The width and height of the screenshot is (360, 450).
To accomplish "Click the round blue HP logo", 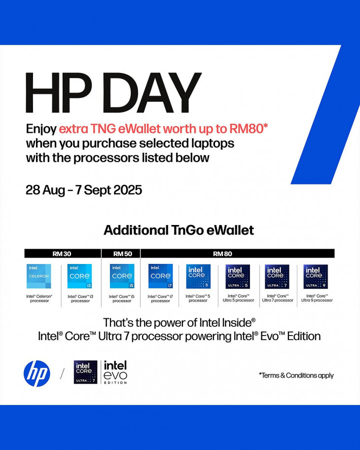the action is tap(36, 374).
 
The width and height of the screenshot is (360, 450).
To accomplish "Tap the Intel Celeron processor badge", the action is tap(39, 276).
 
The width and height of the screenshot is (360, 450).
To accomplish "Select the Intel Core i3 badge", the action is tap(79, 276).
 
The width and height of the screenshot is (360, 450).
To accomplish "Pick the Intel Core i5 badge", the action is tap(122, 276).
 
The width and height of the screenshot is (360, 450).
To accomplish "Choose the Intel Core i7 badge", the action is tap(161, 276).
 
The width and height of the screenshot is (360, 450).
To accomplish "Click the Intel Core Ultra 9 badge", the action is tap(316, 277).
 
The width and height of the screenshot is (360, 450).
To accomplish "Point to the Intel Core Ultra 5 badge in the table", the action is tap(238, 277).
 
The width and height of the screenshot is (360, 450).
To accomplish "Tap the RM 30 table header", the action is tap(63, 254).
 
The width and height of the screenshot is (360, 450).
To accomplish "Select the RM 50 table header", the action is tap(123, 254).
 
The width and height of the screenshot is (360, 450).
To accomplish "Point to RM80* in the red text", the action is tap(249, 129).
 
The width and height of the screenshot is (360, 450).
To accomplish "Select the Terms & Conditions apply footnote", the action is tap(296, 375).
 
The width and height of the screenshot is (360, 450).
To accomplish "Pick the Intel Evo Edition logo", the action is tap(115, 373).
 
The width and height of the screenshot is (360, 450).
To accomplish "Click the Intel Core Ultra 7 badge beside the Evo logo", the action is tap(85, 372).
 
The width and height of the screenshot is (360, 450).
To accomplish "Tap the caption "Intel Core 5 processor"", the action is tap(198, 298).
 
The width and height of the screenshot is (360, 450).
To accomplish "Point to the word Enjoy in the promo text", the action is tap(41, 129).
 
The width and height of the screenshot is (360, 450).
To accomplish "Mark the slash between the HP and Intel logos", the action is tap(62, 374).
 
